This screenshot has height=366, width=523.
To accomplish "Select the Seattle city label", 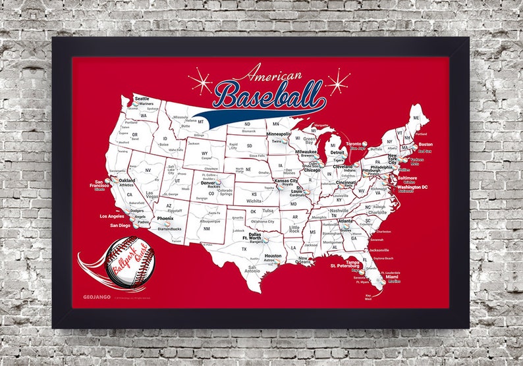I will [x=142, y=99].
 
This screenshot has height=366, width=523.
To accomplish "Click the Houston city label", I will [x=273, y=255].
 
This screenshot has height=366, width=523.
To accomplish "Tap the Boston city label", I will [x=426, y=144].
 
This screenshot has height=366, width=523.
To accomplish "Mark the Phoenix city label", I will [x=165, y=218].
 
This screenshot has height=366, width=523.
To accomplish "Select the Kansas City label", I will [x=285, y=180].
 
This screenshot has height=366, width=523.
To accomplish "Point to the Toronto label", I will [x=354, y=143].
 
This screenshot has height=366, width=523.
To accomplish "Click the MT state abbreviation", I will [x=200, y=121].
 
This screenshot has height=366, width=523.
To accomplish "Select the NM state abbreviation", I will [x=206, y=229].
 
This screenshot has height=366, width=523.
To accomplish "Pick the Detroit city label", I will [x=337, y=153].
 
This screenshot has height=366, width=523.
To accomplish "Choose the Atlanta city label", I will [x=344, y=221].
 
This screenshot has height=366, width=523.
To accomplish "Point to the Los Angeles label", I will [x=112, y=216].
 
